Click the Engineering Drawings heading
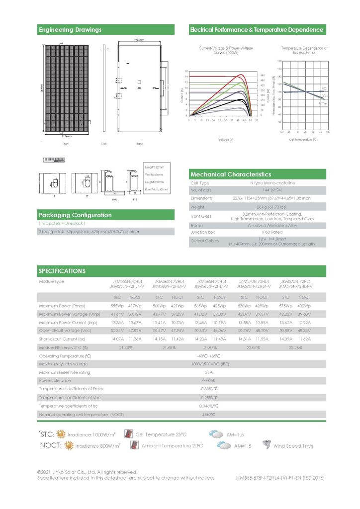pos(70,30)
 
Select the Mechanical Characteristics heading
pos(231,174)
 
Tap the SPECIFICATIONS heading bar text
pos(62,271)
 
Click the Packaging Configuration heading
pos(75,215)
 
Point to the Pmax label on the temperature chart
pos(323,103)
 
